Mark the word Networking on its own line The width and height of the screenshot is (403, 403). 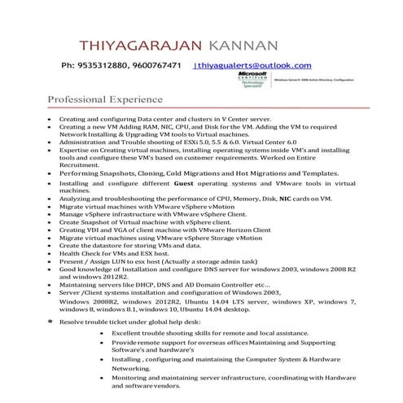132,368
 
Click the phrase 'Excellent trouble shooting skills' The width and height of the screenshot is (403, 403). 169,333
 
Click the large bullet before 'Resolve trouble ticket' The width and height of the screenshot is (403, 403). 50,322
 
